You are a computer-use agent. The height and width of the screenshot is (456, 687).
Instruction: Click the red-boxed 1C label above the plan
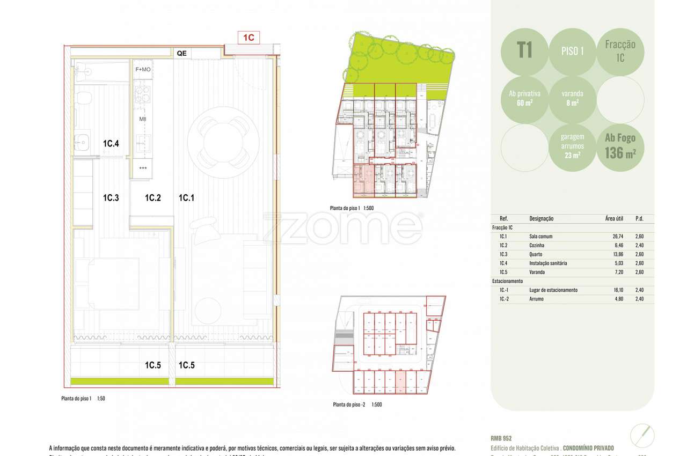point(249,38)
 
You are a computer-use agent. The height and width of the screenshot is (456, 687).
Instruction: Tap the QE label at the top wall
point(181,53)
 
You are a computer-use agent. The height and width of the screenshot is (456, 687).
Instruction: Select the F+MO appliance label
point(143,70)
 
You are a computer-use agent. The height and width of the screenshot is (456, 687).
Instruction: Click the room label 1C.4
point(111,144)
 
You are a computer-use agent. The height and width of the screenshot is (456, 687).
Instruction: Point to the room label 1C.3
point(111,198)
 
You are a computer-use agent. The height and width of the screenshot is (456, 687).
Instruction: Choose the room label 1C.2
point(153,198)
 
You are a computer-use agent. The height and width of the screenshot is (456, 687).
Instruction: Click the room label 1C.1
point(186,198)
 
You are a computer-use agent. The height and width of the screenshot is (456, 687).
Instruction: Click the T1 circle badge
point(524,52)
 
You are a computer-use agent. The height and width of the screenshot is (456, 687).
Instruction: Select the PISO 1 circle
point(572,52)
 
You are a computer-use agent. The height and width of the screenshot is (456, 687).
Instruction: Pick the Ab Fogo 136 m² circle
point(620,148)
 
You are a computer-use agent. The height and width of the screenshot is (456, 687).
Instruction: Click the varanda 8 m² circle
point(572,99)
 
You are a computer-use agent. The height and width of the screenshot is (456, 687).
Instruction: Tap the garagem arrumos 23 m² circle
point(572,148)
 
